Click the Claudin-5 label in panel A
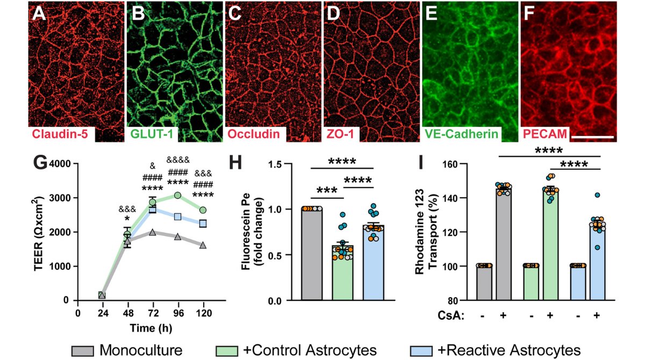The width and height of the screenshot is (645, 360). click(60, 134)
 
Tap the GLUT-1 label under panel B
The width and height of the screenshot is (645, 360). click(153, 134)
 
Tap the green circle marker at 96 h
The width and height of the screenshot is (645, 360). click(177, 195)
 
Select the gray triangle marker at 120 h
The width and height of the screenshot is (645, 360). click(203, 245)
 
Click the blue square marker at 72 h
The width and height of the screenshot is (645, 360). click(152, 210)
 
